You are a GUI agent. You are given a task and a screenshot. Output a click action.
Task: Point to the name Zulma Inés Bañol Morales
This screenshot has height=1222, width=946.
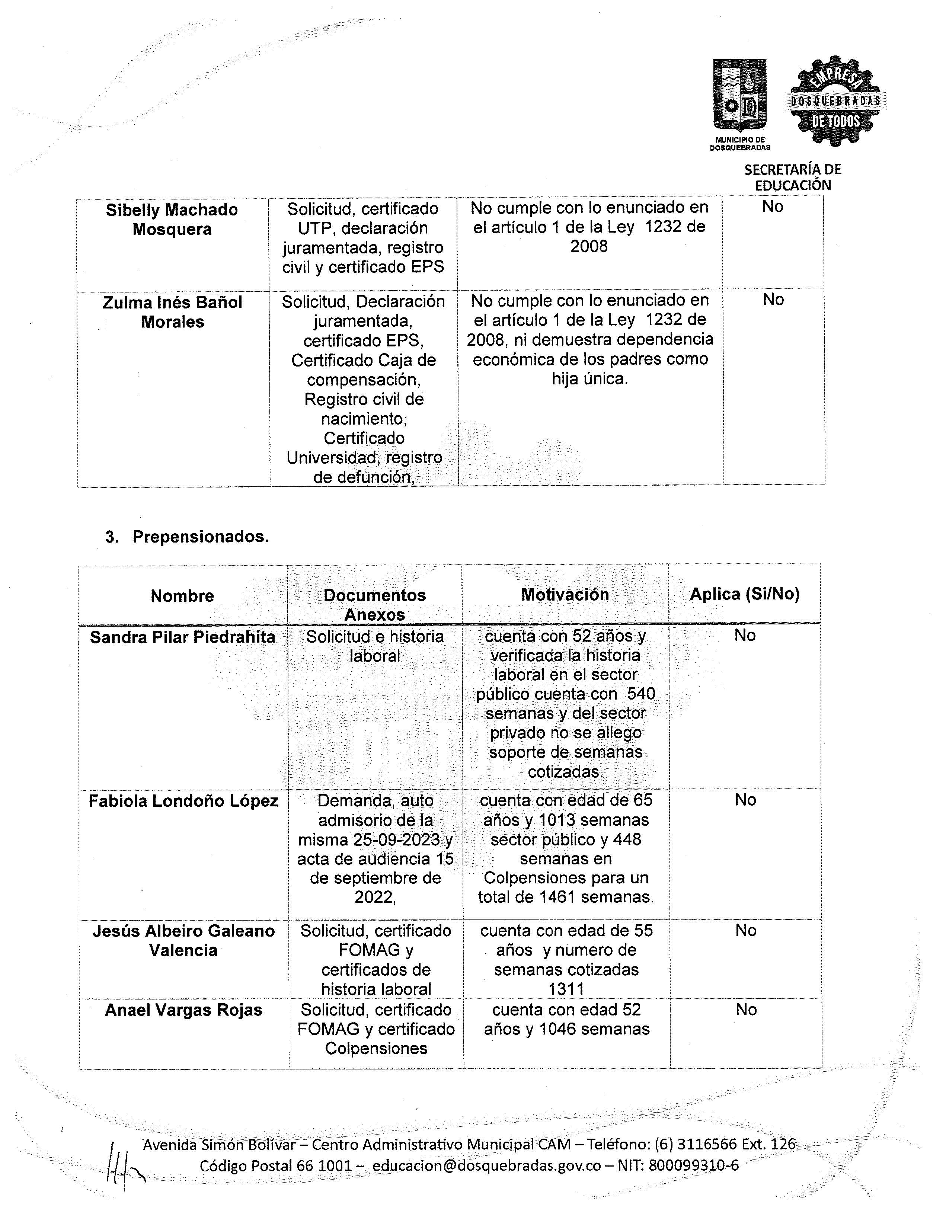[172, 312]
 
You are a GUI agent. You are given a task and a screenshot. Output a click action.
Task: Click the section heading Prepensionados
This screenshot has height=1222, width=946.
[200, 537]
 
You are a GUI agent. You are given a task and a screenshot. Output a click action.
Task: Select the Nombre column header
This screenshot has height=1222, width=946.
[182, 595]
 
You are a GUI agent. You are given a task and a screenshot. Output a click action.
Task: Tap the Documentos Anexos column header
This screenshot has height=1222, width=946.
[374, 604]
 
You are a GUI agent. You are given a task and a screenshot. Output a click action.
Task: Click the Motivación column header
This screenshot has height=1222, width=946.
[565, 594]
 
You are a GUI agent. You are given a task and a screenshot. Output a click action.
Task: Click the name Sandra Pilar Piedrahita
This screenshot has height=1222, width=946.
[182, 637]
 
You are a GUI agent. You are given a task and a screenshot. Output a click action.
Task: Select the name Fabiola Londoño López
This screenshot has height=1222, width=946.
[183, 801]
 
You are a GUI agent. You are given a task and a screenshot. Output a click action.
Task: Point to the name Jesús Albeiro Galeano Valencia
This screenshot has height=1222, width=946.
[183, 941]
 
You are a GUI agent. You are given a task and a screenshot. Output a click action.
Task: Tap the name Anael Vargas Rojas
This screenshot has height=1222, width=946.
[183, 1010]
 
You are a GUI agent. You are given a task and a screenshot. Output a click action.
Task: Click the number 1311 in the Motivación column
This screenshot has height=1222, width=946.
[566, 989]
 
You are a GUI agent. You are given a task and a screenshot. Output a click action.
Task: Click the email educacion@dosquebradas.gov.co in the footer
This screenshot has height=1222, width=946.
[486, 1165]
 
